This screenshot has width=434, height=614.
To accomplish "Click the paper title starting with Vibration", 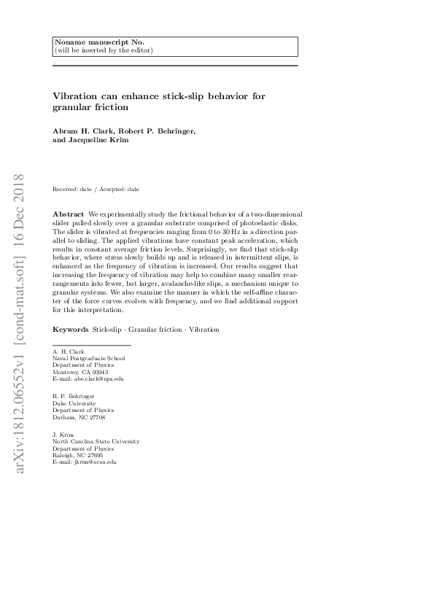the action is [x=158, y=101].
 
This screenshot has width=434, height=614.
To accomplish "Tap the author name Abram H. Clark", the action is [x=83, y=131].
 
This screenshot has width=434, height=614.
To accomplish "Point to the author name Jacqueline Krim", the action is [x=90, y=140].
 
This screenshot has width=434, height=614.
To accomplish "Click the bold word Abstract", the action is [x=68, y=214].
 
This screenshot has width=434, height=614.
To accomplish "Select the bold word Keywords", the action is [x=70, y=330].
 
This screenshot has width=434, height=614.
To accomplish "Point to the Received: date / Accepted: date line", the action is [x=96, y=189].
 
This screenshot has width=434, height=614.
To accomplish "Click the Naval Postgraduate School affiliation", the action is [x=88, y=358].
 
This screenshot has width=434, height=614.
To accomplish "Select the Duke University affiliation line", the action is [x=73, y=403].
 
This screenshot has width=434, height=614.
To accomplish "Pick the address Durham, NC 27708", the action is [x=79, y=418].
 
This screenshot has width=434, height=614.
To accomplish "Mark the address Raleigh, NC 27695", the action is [x=77, y=455].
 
